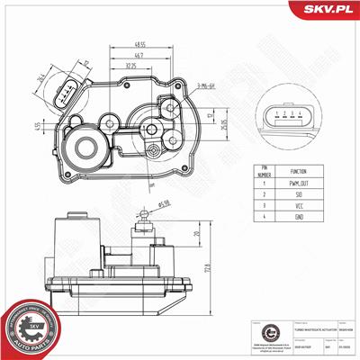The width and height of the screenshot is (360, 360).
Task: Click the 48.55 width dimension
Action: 139,42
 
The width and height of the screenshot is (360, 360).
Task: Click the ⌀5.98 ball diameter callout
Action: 163,202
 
